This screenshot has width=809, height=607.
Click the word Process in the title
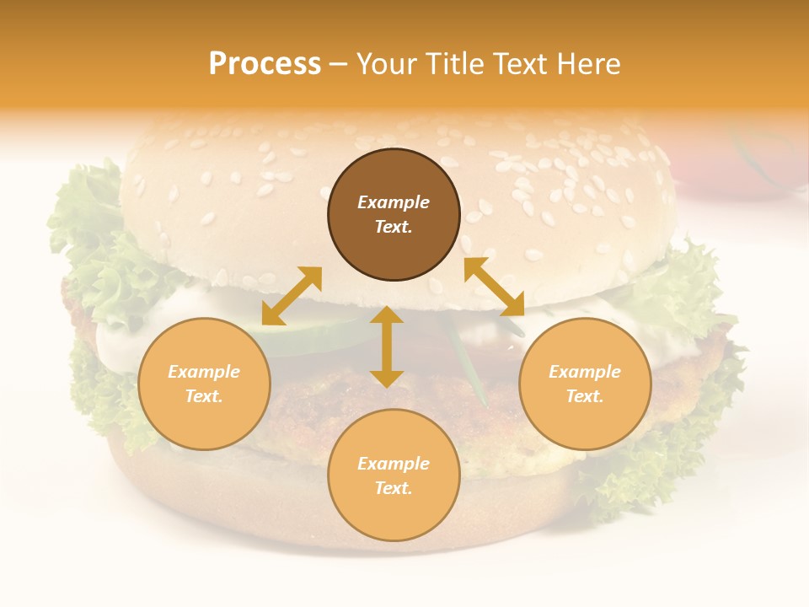[265, 64]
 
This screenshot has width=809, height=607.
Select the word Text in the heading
[518, 64]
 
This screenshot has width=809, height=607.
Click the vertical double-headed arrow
[387, 346]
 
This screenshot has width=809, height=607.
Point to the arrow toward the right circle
[494, 287]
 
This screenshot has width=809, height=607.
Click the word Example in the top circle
[394, 202]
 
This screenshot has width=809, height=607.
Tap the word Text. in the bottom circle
[394, 488]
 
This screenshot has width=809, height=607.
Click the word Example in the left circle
[204, 372]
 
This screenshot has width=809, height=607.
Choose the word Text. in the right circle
[585, 396]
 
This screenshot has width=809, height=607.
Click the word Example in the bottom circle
[394, 464]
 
